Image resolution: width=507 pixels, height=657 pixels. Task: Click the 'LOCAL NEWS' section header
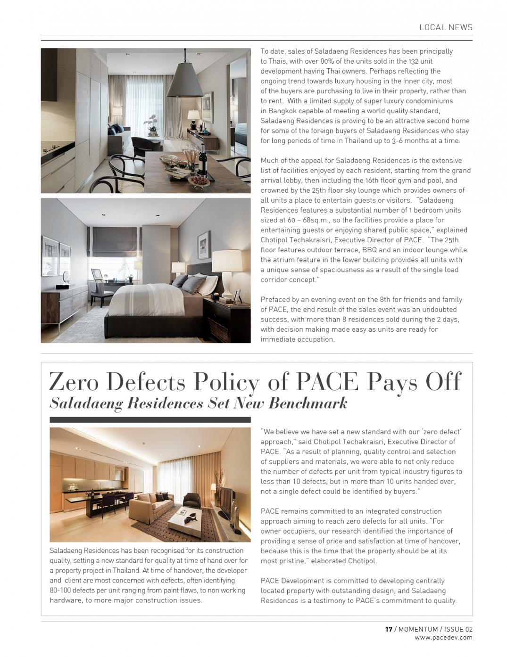[446, 27]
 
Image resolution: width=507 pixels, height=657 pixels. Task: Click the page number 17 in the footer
[389, 629]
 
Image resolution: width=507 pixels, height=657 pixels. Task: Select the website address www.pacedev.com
[443, 638]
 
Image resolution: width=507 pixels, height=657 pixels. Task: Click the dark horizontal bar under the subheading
[150, 419]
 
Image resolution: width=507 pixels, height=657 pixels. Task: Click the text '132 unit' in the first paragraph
[418, 61]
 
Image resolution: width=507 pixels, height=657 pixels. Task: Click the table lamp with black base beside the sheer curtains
[193, 120]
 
